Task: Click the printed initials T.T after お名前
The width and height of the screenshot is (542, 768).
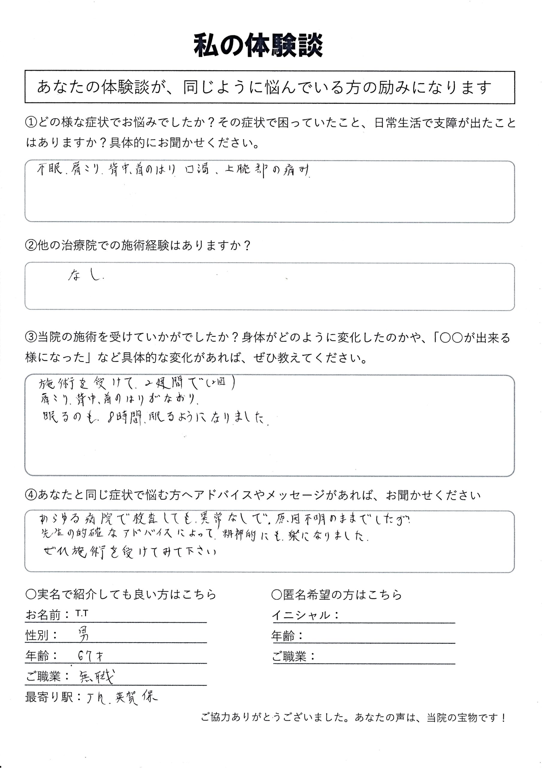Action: [81, 613]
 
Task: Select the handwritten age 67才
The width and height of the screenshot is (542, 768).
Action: [90, 656]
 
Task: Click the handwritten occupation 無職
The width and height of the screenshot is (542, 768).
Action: [96, 678]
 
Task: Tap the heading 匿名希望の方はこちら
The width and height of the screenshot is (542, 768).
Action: [337, 594]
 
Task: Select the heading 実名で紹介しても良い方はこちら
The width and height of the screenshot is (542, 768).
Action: [121, 594]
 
